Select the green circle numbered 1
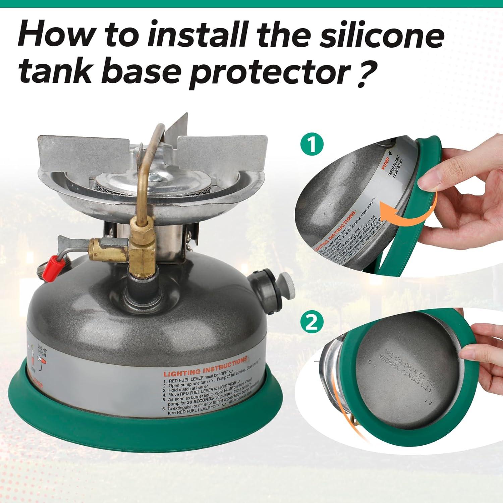click(312, 145)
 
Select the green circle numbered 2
click(312, 323)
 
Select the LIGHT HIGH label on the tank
click(42, 353)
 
